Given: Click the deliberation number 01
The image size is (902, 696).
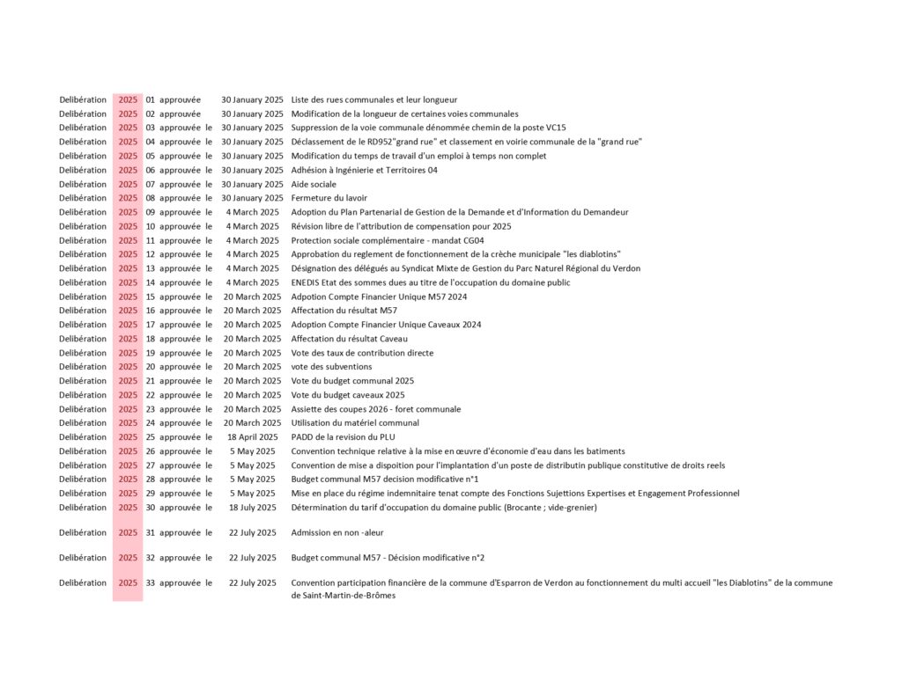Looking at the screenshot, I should coord(150,99).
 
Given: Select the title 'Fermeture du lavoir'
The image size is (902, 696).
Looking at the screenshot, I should coord(329,198).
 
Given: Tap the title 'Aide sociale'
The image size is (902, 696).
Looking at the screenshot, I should coord(314,184).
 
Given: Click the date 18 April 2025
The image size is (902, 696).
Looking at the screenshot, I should coord(252,437).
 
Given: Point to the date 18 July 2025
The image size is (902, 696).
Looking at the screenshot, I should coord(252,508).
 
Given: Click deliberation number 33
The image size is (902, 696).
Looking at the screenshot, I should coord(150,582).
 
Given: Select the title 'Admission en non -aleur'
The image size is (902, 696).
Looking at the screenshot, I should coord(337,532).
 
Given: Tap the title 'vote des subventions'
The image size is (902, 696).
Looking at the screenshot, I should coord(331,367).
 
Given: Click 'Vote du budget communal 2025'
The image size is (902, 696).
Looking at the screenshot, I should coord(352,381).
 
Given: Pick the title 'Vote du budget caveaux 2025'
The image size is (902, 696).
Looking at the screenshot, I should coord(348,395).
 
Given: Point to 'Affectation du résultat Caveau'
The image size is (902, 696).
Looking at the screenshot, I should coord(349,339).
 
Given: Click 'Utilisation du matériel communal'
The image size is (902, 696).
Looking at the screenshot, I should coord(355,423).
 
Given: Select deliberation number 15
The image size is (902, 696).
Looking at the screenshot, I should coord(150,297).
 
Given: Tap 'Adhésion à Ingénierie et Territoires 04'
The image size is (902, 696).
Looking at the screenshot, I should coord(364,170).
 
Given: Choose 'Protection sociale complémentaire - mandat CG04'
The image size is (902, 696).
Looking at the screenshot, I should coord(388,240).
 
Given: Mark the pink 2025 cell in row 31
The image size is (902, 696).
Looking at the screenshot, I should coord(128,532).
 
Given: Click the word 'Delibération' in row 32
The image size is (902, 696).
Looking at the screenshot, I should coord(83,558).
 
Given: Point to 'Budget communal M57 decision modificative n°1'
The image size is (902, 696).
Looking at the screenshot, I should coord(385,480).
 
